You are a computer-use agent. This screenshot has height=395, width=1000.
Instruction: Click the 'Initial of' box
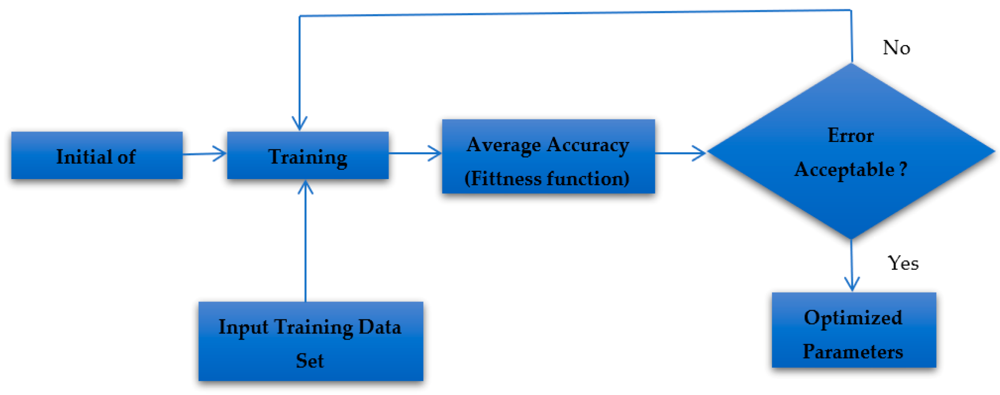pos(96,156)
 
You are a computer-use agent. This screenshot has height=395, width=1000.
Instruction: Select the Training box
pos(308,156)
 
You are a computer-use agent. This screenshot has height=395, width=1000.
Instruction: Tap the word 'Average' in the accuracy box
pos(504,145)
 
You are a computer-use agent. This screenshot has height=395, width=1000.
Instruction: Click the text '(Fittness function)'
pos(547,178)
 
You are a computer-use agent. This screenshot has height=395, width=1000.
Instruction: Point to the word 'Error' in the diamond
pos(850,135)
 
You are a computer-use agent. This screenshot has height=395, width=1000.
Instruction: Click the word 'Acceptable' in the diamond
pos(844,169)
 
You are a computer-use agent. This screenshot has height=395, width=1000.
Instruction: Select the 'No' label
pos(896,48)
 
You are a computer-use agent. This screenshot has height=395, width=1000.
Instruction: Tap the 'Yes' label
pos(903,263)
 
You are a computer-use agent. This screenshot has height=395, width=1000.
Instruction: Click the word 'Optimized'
pos(853,318)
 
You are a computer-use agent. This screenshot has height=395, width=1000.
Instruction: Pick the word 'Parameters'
pos(853,352)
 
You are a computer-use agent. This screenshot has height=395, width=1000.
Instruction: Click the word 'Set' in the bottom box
pos(310,361)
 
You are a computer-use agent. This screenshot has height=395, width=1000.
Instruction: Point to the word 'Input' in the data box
pos(243,327)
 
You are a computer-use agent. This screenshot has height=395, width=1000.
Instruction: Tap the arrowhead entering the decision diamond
pos(699,153)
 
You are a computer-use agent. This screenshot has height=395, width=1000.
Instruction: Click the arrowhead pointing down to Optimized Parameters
pos(852,284)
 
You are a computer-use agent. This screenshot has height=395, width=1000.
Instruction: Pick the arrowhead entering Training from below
pos(305,187)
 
